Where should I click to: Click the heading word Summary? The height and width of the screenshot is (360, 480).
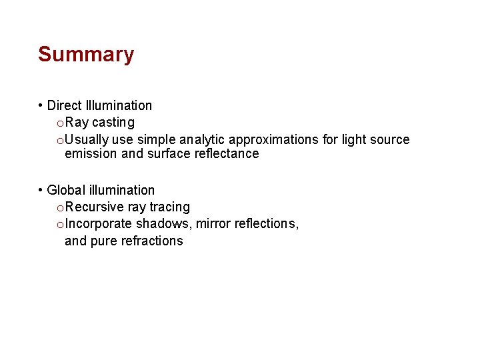(x=86, y=54)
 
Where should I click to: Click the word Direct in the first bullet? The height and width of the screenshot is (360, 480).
(x=65, y=105)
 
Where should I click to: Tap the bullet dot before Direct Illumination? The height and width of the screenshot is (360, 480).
(x=41, y=105)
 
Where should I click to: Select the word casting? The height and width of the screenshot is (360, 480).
(x=113, y=123)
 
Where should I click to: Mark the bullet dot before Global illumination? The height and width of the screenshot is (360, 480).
(x=41, y=191)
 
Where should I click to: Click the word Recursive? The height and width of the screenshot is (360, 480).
(x=95, y=207)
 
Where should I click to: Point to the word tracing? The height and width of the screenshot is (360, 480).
(x=169, y=207)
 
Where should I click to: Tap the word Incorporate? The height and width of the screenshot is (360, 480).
(x=99, y=224)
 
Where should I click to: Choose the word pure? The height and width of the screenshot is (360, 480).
(x=103, y=241)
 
